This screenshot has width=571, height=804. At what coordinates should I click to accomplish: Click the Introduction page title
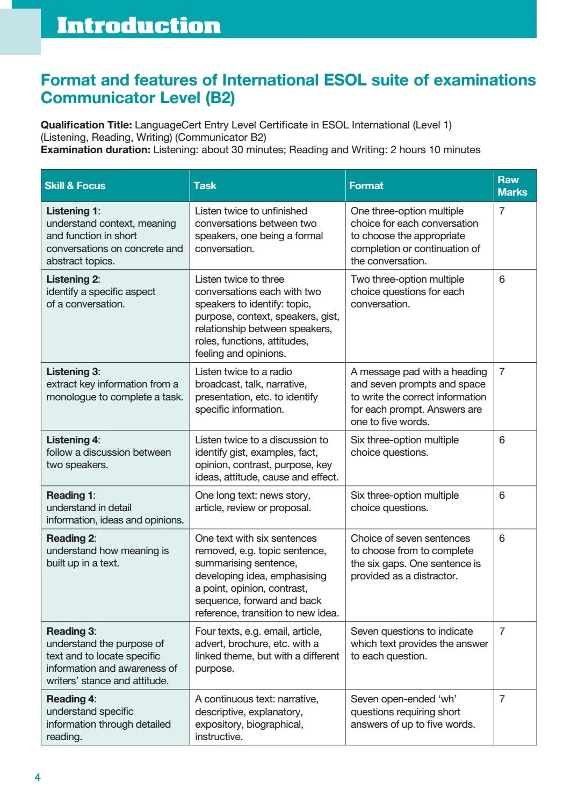coord(139,25)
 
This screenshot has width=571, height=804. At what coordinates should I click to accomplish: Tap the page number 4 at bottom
coord(37,777)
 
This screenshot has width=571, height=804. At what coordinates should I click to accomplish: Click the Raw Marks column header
coord(512,186)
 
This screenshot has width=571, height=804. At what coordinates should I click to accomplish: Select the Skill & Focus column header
coord(75,186)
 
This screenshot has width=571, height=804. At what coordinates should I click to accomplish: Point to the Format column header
coord(366,186)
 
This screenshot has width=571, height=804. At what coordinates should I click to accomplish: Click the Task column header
coord(205,186)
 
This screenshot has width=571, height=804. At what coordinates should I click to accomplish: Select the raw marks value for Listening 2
coord(502,279)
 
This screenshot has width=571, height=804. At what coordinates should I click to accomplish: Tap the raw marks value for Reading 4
coord(502,699)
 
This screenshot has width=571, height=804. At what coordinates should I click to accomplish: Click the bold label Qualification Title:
coord(86,125)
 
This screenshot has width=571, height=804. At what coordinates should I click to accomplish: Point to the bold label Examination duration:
coord(95,150)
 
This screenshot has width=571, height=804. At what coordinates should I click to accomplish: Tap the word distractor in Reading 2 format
coord(436,576)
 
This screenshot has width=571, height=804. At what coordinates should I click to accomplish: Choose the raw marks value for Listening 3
coord(502,372)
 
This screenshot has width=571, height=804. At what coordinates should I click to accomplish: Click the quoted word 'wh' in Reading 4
coord(446,699)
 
